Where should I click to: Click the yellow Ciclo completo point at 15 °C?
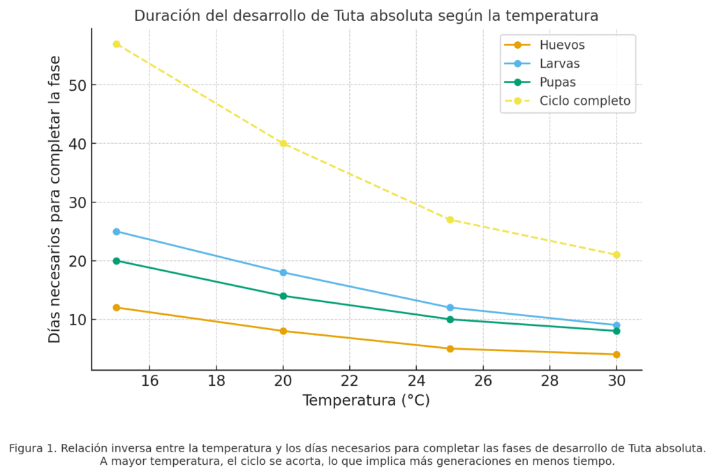117,44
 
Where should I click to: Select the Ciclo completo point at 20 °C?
283,144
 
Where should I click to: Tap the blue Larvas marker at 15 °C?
117,232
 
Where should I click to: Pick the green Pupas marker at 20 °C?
283,296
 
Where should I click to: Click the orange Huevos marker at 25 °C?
450,348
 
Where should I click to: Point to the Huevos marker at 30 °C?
616,355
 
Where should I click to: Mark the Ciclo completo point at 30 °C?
616,255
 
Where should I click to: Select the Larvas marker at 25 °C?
450,308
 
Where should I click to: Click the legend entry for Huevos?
561,45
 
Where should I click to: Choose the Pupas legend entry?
557,82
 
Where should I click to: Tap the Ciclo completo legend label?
584,101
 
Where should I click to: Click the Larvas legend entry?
559,64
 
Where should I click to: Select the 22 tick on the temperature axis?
349,380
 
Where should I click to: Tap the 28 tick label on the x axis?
549,380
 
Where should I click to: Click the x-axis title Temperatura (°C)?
366,401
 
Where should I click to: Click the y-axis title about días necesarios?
55,200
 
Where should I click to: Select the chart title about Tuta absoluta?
366,15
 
